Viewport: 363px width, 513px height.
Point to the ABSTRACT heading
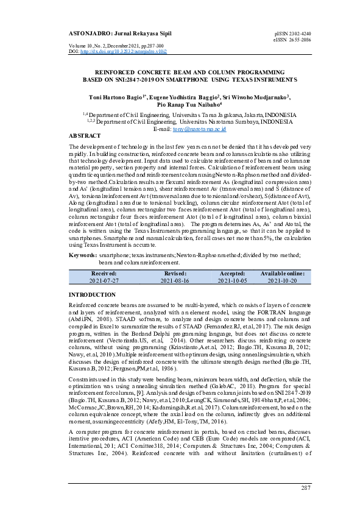tap(85, 136)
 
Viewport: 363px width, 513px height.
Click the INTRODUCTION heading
tap(94, 295)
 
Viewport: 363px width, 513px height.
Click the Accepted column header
tap(232, 274)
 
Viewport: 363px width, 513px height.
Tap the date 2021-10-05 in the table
tap(232, 281)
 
